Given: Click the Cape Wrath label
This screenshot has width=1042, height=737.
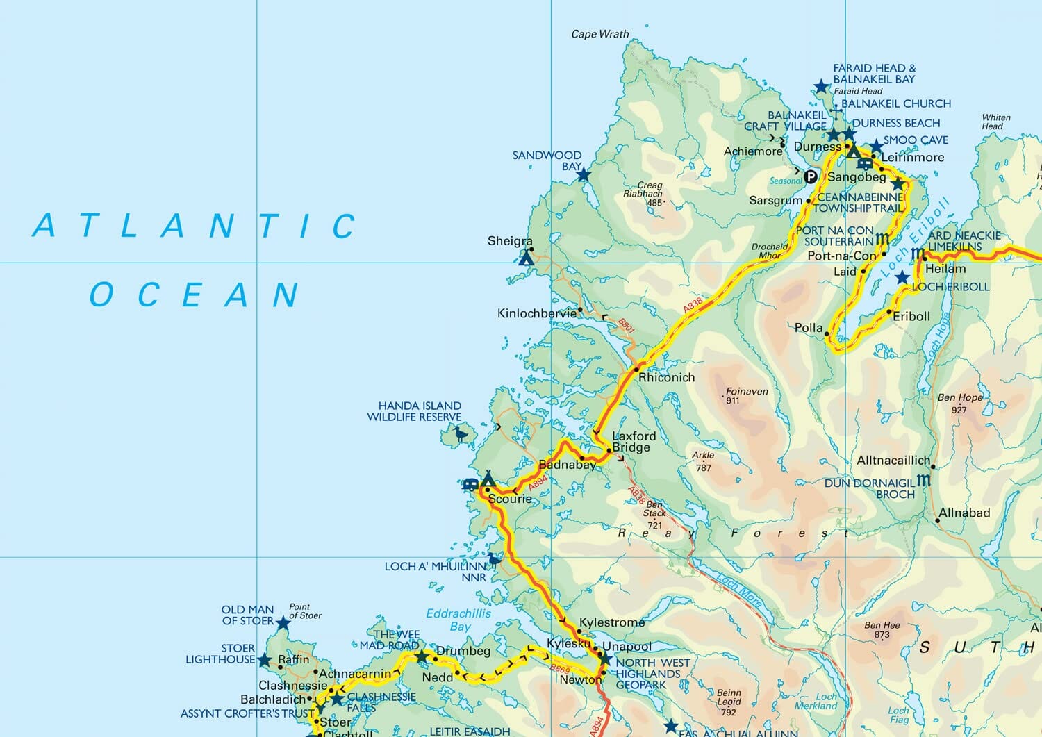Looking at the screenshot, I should tap(599, 34).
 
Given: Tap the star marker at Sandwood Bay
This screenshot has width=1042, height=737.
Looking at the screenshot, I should tap(584, 175).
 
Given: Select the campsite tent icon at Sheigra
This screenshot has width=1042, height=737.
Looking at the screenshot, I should tap(527, 259).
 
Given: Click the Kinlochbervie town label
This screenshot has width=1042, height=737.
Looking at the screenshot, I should tap(536, 313).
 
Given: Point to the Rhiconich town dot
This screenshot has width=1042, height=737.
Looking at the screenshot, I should tap(636, 370).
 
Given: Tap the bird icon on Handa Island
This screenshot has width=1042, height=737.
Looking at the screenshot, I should tap(460, 435).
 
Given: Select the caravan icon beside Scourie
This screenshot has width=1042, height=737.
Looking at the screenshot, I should tap(470, 484).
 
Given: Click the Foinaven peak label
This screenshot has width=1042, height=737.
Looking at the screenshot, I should tap(747, 392).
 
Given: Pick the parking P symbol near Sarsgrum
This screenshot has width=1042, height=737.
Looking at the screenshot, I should tap(810, 176).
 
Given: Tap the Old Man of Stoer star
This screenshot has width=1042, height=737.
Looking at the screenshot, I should tap(283, 623).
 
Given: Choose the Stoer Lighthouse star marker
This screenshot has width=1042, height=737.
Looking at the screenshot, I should tap(264, 660).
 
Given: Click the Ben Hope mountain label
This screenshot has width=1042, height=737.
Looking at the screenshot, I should tap(960, 398).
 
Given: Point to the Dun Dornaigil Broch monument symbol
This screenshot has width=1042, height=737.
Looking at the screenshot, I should tap(923, 480).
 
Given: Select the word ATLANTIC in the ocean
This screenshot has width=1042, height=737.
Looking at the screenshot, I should tap(195, 226).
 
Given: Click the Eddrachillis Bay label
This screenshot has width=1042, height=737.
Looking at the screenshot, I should tap(458, 620).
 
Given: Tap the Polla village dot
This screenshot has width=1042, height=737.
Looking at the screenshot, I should tap(827, 334).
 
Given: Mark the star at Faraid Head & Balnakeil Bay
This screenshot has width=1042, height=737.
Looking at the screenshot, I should tap(821, 87).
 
